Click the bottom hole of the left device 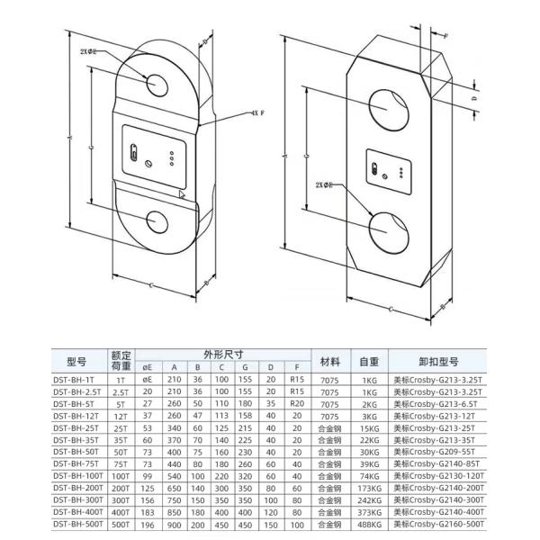point(157,222)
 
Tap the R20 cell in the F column point(296,404)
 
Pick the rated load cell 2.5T point(121,392)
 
